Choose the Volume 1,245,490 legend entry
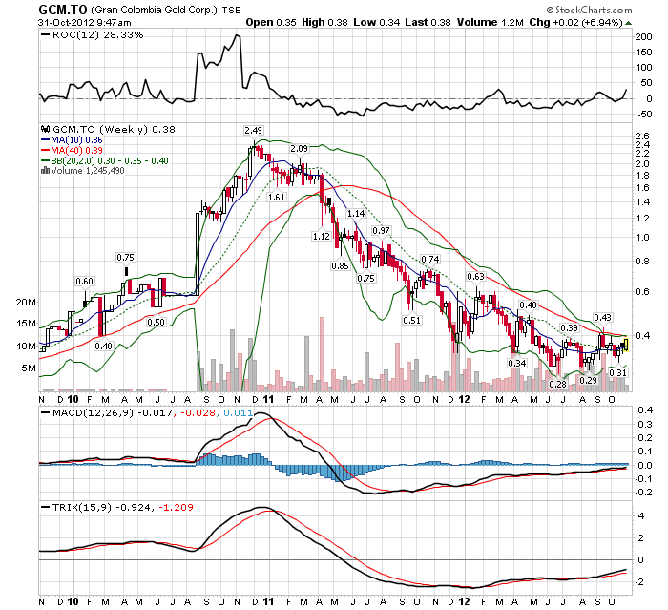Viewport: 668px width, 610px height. tap(91, 172)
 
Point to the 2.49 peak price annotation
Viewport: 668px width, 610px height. tap(253, 130)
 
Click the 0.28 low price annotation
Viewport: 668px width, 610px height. tap(558, 384)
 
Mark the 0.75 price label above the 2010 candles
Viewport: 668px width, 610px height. tap(125, 257)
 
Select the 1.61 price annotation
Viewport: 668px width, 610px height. tap(277, 196)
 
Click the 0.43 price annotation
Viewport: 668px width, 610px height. tap(602, 317)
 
